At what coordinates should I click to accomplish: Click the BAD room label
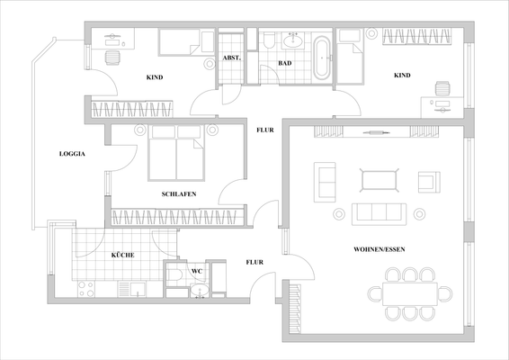(284, 64)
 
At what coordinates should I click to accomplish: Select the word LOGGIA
(71, 154)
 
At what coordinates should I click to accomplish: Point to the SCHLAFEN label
(179, 194)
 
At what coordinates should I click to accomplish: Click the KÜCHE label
(123, 256)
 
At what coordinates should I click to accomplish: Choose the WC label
(197, 270)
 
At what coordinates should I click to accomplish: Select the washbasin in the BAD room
(293, 40)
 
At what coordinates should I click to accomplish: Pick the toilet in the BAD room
(269, 40)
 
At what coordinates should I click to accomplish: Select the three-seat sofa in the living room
(377, 213)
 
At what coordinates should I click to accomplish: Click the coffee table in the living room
(378, 180)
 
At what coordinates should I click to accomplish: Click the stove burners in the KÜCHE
(87, 290)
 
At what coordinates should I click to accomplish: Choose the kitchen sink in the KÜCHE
(133, 290)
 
